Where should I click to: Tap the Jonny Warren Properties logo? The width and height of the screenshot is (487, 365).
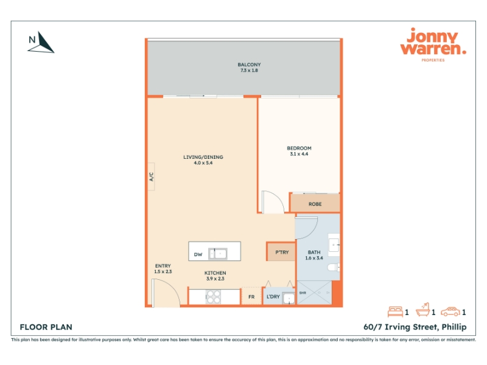click(x=433, y=44)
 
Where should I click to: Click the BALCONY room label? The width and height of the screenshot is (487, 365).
click(x=249, y=64)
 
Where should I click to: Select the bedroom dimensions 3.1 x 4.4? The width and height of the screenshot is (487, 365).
click(x=299, y=154)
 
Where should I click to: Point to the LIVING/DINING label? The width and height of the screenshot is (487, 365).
click(x=203, y=157)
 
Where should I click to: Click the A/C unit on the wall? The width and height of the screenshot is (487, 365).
click(x=151, y=176)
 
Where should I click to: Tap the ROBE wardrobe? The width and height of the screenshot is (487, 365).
click(x=315, y=203)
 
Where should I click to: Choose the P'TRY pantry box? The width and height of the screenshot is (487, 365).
click(x=281, y=252)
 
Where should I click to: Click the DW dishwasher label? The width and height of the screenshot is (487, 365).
click(x=198, y=254)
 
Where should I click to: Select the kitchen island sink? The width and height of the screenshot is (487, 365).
click(x=218, y=254)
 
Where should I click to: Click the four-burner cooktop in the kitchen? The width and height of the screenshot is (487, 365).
click(x=214, y=297)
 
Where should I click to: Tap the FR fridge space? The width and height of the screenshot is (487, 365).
click(x=251, y=296)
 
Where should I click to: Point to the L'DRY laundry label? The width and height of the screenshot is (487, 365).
click(x=273, y=297)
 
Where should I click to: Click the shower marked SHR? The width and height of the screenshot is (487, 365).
click(x=315, y=293)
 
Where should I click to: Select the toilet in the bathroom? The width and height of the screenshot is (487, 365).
click(x=334, y=267)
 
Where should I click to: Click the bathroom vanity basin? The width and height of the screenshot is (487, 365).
click(x=334, y=245)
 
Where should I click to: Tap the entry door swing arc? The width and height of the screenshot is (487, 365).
click(x=172, y=288)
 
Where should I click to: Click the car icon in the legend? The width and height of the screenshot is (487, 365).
click(x=450, y=311)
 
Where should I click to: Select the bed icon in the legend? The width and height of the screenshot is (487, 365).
click(x=395, y=311)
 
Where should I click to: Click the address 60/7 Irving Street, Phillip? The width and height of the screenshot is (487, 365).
click(x=415, y=327)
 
